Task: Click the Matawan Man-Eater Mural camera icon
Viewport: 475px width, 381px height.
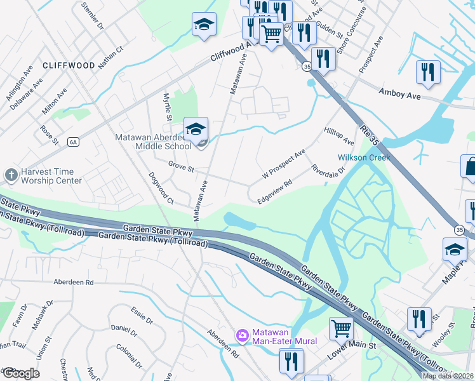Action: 241,335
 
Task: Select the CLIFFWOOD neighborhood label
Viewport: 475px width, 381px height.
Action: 69,65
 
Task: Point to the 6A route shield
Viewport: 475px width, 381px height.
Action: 73,142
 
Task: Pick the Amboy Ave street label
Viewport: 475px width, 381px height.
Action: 400,93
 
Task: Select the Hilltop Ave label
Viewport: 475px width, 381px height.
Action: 339,135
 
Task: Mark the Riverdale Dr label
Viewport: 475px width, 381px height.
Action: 328,170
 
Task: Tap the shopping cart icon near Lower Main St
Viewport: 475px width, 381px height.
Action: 341,328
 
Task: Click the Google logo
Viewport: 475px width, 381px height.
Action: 20,373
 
